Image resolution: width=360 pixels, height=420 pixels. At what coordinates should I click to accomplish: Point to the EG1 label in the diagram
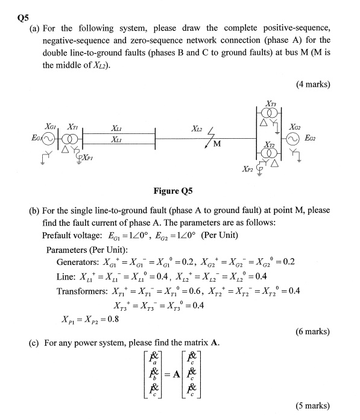(x=25, y=138)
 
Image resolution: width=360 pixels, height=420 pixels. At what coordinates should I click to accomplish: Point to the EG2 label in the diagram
(x=322, y=138)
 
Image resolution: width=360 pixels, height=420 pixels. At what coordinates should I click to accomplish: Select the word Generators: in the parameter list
(x=80, y=262)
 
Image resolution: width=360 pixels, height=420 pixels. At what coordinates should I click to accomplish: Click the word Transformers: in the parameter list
(x=83, y=291)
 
